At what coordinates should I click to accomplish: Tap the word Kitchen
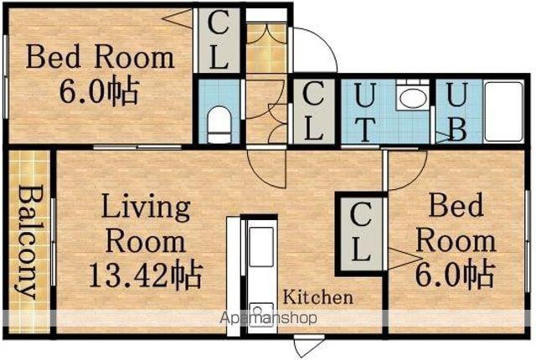point(318,297)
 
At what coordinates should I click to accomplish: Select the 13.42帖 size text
point(146,275)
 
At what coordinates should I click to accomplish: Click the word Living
point(146,208)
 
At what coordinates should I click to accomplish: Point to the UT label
point(364,112)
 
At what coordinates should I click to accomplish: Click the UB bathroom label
point(456,112)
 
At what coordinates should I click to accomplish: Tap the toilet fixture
point(219,125)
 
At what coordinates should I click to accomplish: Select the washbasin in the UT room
point(413,97)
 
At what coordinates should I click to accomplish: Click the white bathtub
point(504,111)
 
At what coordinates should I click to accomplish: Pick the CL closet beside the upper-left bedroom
point(218,40)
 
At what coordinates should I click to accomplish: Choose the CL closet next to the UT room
point(313,111)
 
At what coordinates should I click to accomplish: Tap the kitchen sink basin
point(261,247)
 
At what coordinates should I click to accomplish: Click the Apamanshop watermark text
point(269,318)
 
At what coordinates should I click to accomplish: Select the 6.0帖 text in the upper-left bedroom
point(100,91)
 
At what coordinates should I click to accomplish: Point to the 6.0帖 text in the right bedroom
point(455,275)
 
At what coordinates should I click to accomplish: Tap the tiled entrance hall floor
point(266,48)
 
